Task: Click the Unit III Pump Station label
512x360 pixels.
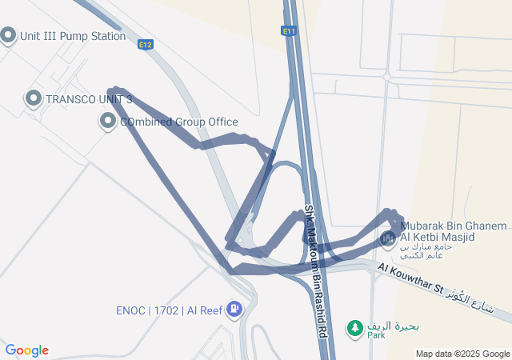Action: [x=74, y=36]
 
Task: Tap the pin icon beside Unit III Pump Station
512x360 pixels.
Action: [x=9, y=35]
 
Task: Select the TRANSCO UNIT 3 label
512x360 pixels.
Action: [x=89, y=99]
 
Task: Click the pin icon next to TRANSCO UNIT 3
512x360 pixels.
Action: [x=34, y=98]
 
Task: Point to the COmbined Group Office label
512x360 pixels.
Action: [x=179, y=122]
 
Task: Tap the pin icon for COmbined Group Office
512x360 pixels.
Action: [x=108, y=122]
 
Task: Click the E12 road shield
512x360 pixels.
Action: [x=145, y=45]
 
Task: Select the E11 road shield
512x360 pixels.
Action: [x=289, y=30]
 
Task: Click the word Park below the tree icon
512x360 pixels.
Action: [x=377, y=336]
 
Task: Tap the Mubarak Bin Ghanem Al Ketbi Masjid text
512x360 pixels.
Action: [x=438, y=232]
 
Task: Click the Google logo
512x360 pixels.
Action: [x=26, y=350]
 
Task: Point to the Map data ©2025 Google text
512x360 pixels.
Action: [x=462, y=354]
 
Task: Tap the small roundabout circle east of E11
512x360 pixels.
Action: [x=387, y=77]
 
